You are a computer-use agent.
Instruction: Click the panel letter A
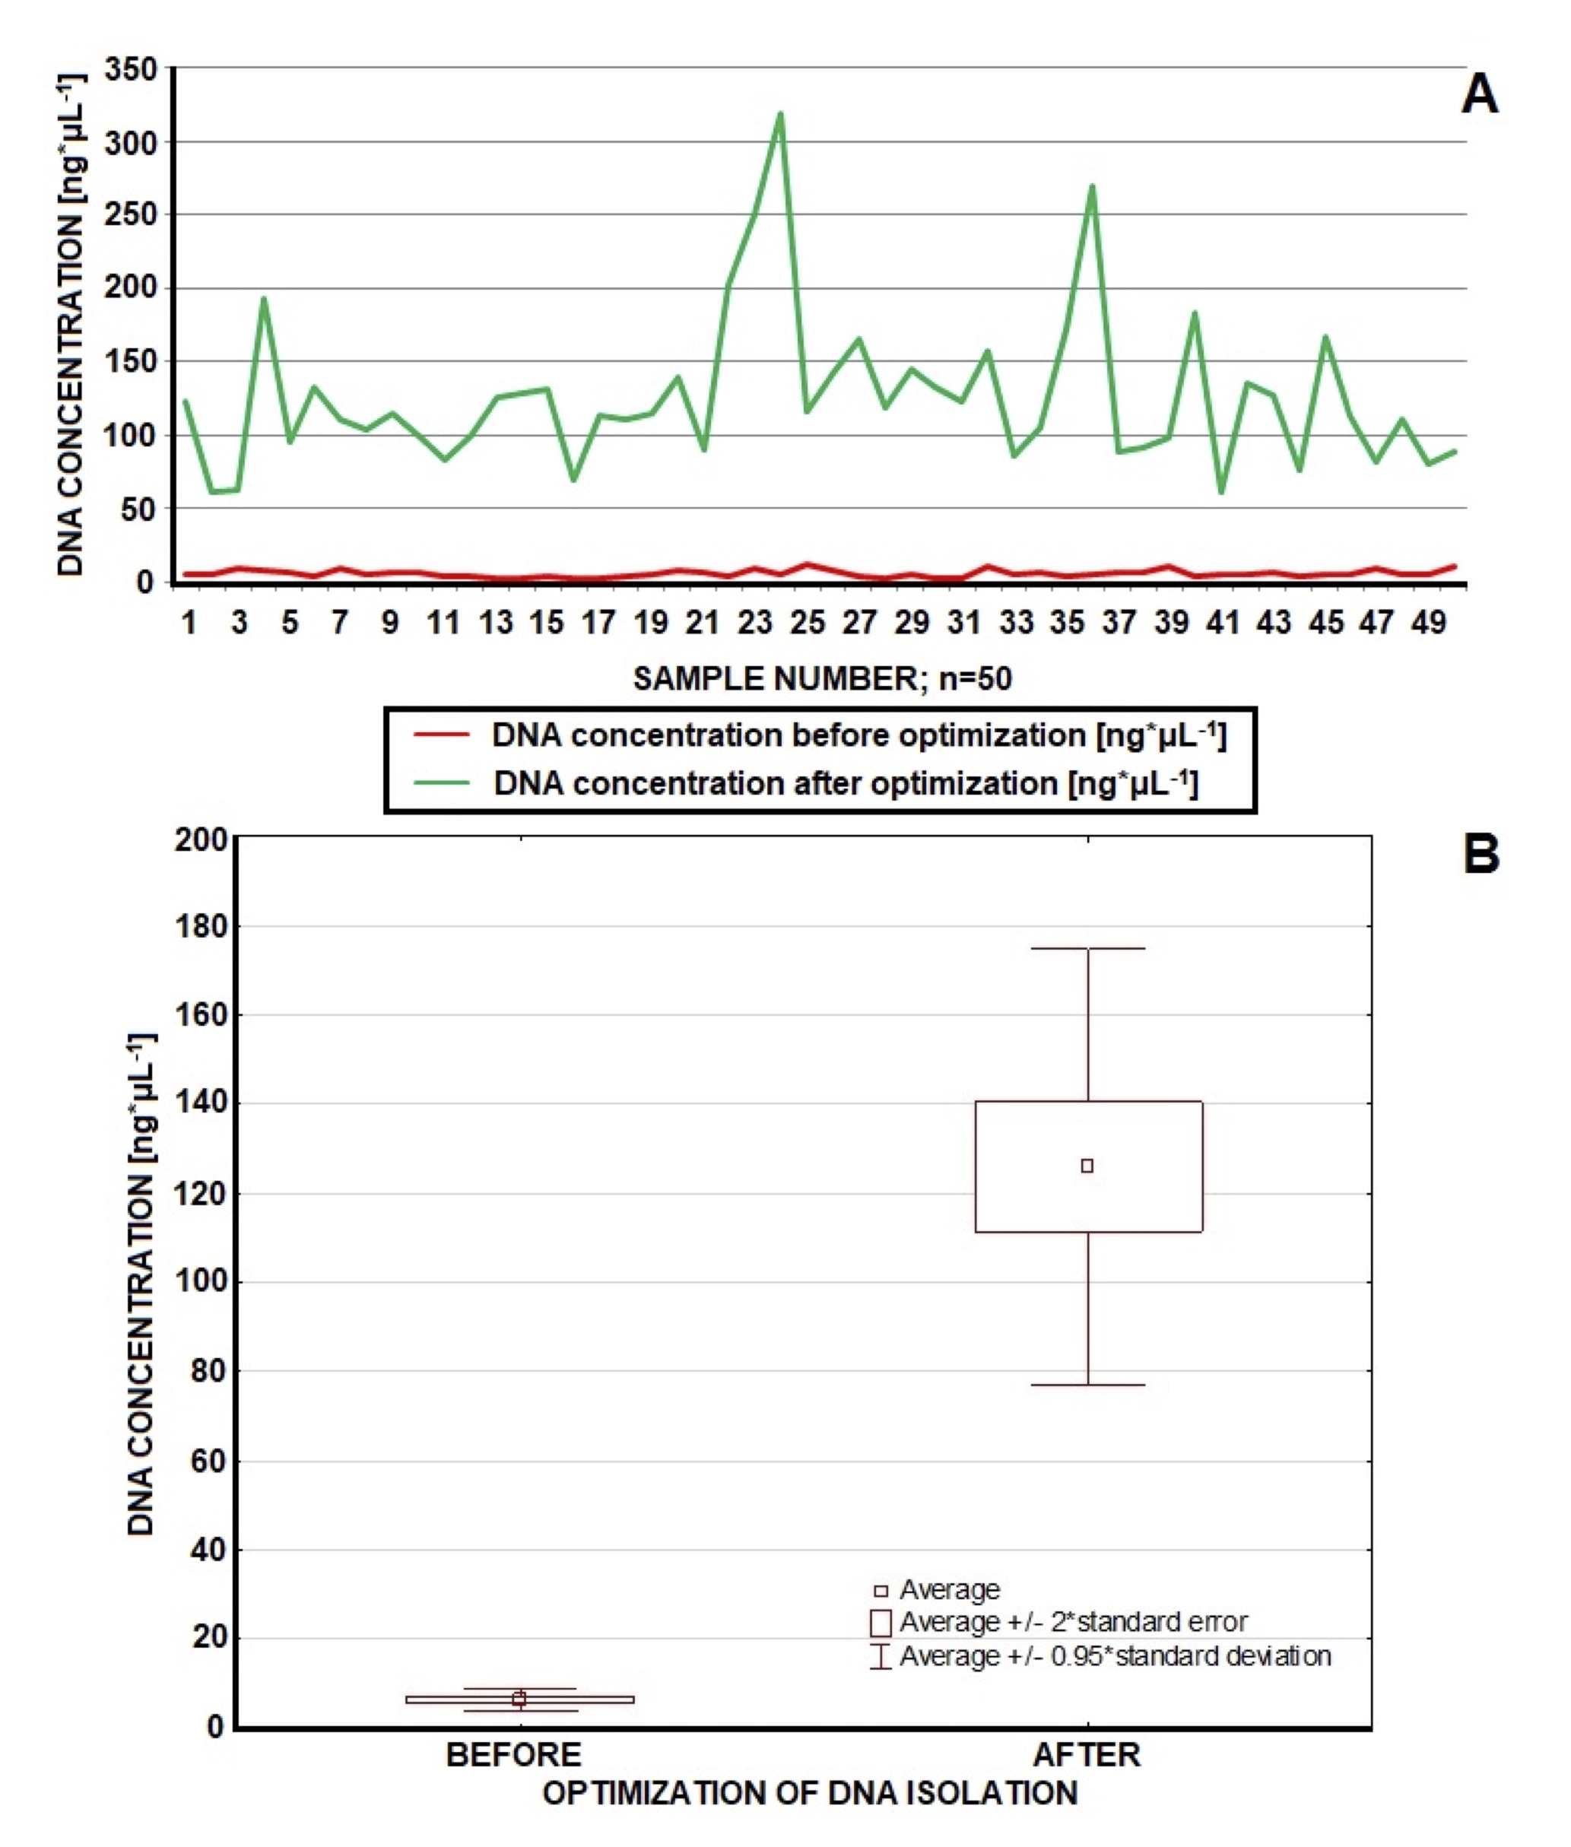1479,94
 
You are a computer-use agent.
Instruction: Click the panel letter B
1481,854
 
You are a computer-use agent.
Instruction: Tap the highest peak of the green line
780,114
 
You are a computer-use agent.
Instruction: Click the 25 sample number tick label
808,623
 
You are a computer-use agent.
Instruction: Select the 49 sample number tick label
1429,623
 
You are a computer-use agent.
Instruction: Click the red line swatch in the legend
442,735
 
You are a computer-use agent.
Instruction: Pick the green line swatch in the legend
442,782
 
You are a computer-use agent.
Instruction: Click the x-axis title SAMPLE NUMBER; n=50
822,678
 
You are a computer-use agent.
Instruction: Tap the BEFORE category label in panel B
514,1754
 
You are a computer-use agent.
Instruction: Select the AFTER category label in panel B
1087,1754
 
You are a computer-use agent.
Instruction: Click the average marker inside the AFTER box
1087,1166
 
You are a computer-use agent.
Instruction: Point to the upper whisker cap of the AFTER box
1088,948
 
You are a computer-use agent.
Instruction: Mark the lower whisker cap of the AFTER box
1088,1385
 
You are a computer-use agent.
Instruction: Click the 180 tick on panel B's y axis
202,927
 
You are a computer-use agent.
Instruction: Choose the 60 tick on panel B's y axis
208,1461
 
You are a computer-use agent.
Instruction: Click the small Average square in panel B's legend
881,1591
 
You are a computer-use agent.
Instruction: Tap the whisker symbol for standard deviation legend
881,1655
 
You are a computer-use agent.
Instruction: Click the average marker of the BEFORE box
519,1699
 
